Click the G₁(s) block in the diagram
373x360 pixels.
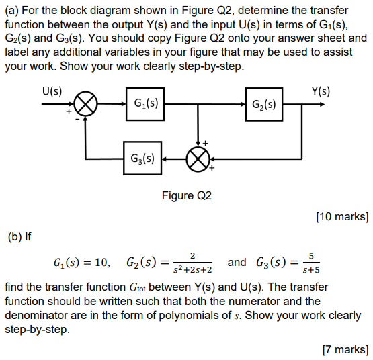[x=145, y=105]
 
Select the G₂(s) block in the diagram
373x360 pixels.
[x=263, y=105]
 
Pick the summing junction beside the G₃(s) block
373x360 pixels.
[x=198, y=159]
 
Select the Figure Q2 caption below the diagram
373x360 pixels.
[x=186, y=196]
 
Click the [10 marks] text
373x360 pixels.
[x=341, y=216]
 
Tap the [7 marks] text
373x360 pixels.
[x=345, y=349]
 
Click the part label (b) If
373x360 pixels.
[x=19, y=236]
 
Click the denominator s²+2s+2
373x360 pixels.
[x=192, y=269]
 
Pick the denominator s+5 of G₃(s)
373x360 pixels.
[x=310, y=269]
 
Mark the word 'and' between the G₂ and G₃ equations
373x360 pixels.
[x=238, y=261]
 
